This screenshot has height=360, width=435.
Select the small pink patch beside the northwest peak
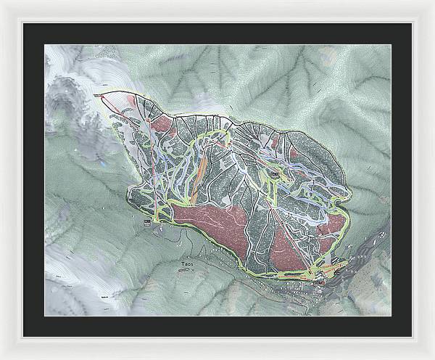[x=130, y=98]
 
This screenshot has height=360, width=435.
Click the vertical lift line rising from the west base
[x=151, y=167]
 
